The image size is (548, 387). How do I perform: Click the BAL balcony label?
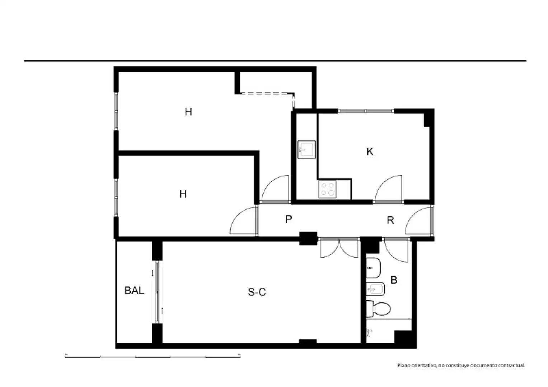click(134, 291)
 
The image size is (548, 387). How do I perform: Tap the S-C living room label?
click(257, 292)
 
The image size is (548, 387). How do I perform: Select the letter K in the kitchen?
click(370, 152)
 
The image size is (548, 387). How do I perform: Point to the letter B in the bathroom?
click(394, 280)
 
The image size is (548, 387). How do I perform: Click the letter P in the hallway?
click(289, 219)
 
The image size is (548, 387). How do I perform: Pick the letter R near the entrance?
click(390, 220)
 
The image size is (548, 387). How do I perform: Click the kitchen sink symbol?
click(306, 149)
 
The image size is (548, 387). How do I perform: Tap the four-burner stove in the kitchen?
click(328, 189)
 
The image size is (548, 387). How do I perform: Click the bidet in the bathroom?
click(375, 290)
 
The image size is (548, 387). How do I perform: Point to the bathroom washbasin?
click(373, 268)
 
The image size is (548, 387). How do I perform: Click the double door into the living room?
click(339, 248)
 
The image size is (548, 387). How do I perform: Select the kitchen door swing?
click(389, 189)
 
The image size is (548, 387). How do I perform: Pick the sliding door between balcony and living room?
click(158, 292)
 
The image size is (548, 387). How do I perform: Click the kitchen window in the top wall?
click(366, 111)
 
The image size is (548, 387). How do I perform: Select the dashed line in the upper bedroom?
click(268, 94)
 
